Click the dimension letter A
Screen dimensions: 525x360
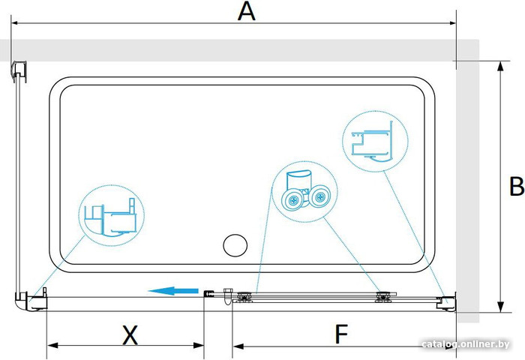click(247, 11)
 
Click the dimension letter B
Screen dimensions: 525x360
click(517, 186)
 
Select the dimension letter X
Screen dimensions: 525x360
click(130, 335)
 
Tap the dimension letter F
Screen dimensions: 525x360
click(341, 334)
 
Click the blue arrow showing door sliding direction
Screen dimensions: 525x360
click(173, 291)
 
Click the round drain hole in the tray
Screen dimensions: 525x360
click(235, 245)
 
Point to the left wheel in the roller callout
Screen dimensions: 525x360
click(294, 200)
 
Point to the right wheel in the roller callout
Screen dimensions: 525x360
click(319, 196)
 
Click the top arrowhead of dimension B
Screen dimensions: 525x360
click(500, 66)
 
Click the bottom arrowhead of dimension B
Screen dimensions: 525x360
click(500, 307)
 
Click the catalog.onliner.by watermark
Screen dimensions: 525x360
click(466, 344)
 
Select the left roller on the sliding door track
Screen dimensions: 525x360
click(244, 297)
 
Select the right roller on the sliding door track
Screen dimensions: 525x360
click(383, 297)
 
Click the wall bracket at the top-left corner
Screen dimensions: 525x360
click(19, 71)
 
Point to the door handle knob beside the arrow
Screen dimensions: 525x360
click(228, 295)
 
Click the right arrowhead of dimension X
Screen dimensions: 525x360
click(199, 345)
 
